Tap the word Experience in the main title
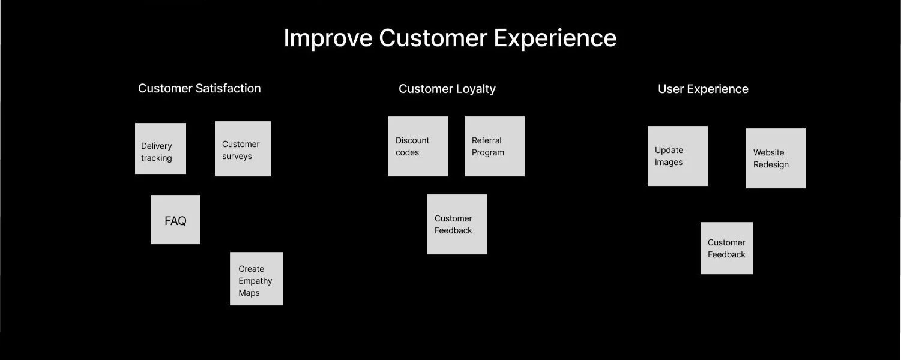[555, 38]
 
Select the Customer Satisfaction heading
[199, 88]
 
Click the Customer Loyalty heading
[447, 89]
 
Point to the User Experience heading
[703, 89]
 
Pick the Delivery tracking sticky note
[160, 149]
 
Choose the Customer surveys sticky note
[243, 149]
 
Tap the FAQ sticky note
[176, 220]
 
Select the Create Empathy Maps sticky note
[256, 279]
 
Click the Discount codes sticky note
[418, 146]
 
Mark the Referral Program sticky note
[495, 146]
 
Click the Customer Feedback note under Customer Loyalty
[457, 224]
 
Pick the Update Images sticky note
[678, 156]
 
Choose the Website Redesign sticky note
[776, 158]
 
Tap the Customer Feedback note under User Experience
[726, 248]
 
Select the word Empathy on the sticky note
[255, 281]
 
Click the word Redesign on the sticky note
[771, 164]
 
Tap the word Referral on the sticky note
[486, 140]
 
